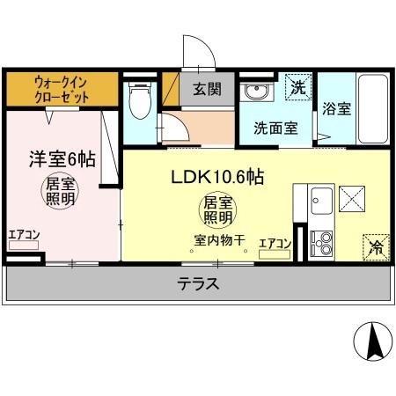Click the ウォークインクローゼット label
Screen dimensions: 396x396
(x=62, y=88)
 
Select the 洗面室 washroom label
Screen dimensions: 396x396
(x=275, y=127)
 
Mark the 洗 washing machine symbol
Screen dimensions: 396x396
(x=299, y=87)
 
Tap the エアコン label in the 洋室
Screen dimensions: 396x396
(x=24, y=234)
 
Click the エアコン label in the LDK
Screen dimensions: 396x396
(x=275, y=243)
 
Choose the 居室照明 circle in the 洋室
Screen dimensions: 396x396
(x=61, y=191)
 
